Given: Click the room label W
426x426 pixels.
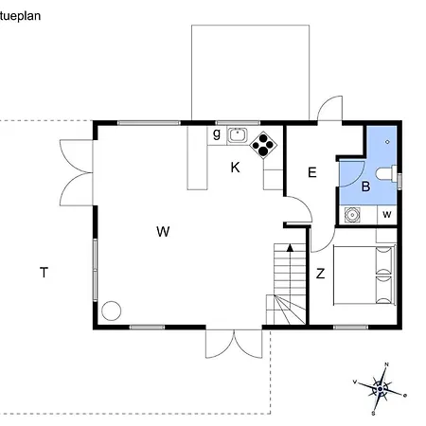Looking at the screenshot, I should [x=163, y=231].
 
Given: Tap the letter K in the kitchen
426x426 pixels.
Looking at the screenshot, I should [x=235, y=168].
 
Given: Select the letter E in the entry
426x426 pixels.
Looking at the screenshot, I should [x=311, y=172].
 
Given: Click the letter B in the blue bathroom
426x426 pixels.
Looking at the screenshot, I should [x=364, y=187].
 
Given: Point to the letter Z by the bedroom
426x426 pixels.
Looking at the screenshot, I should [x=321, y=275].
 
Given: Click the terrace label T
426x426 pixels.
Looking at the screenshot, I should [x=44, y=274].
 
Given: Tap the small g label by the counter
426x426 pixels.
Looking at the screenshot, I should [x=217, y=133].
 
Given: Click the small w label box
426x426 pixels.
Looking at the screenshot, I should [x=387, y=214].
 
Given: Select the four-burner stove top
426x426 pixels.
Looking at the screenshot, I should [x=262, y=144].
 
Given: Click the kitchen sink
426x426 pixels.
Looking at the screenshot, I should [x=238, y=134].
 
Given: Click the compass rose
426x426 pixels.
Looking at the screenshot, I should [x=379, y=388].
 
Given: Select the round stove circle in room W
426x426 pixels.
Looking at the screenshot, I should [x=113, y=310].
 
